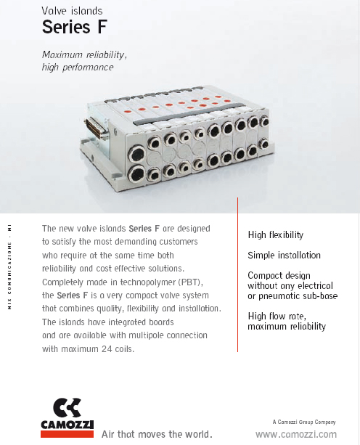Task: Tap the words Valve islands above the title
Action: (x=72, y=10)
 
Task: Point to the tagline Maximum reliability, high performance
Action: (x=84, y=61)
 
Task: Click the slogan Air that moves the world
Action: (x=157, y=434)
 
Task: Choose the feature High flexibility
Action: (x=275, y=234)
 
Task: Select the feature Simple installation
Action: (x=284, y=256)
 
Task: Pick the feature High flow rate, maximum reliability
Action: (x=287, y=322)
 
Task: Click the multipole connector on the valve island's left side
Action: (x=95, y=130)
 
